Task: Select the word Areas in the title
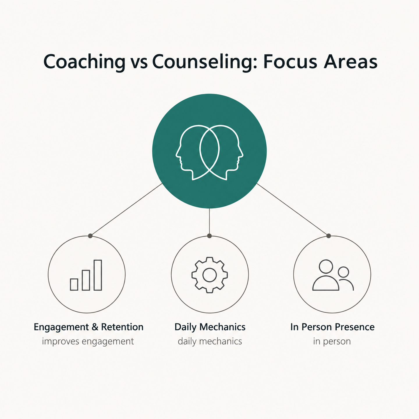(x=350, y=61)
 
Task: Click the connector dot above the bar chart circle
(x=90, y=236)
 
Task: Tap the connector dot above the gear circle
(x=210, y=236)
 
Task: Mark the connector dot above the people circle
(x=329, y=236)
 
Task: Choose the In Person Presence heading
(x=332, y=327)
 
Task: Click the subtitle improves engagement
(x=88, y=341)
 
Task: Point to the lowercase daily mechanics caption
(x=210, y=341)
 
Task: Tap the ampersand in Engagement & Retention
(x=95, y=327)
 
